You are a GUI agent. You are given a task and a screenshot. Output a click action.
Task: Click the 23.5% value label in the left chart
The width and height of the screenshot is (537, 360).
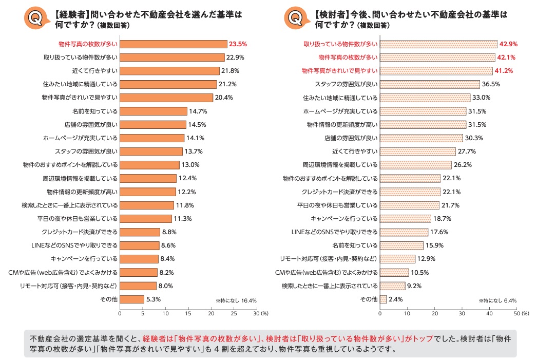coord(238,44)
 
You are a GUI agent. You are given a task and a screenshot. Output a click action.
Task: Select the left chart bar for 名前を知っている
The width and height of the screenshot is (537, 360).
coord(154,111)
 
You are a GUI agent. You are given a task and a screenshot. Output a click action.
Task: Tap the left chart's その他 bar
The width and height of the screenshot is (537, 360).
coord(132,299)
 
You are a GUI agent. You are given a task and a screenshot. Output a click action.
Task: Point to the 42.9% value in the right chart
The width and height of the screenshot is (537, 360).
coord(509,44)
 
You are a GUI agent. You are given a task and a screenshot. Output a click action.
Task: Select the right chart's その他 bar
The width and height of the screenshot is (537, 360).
coord(383,299)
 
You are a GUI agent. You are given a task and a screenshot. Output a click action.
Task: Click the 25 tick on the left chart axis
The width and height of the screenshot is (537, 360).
coord(234,313)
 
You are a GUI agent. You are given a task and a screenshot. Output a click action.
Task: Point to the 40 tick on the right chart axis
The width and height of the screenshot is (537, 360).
coord(490,313)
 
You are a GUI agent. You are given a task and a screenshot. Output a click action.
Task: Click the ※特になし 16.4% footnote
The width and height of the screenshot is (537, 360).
coord(236,300)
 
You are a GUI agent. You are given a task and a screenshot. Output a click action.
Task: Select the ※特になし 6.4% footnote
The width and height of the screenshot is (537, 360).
coord(497,300)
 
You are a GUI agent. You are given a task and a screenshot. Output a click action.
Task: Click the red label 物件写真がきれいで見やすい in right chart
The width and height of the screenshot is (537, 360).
coord(339,71)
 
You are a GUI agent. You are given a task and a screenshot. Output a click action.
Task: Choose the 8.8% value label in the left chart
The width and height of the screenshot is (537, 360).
coord(169,232)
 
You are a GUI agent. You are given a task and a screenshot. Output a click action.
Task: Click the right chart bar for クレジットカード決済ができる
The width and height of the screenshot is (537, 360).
coord(410,192)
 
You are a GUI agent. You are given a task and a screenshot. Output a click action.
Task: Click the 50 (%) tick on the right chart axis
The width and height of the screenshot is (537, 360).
coord(519,313)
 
